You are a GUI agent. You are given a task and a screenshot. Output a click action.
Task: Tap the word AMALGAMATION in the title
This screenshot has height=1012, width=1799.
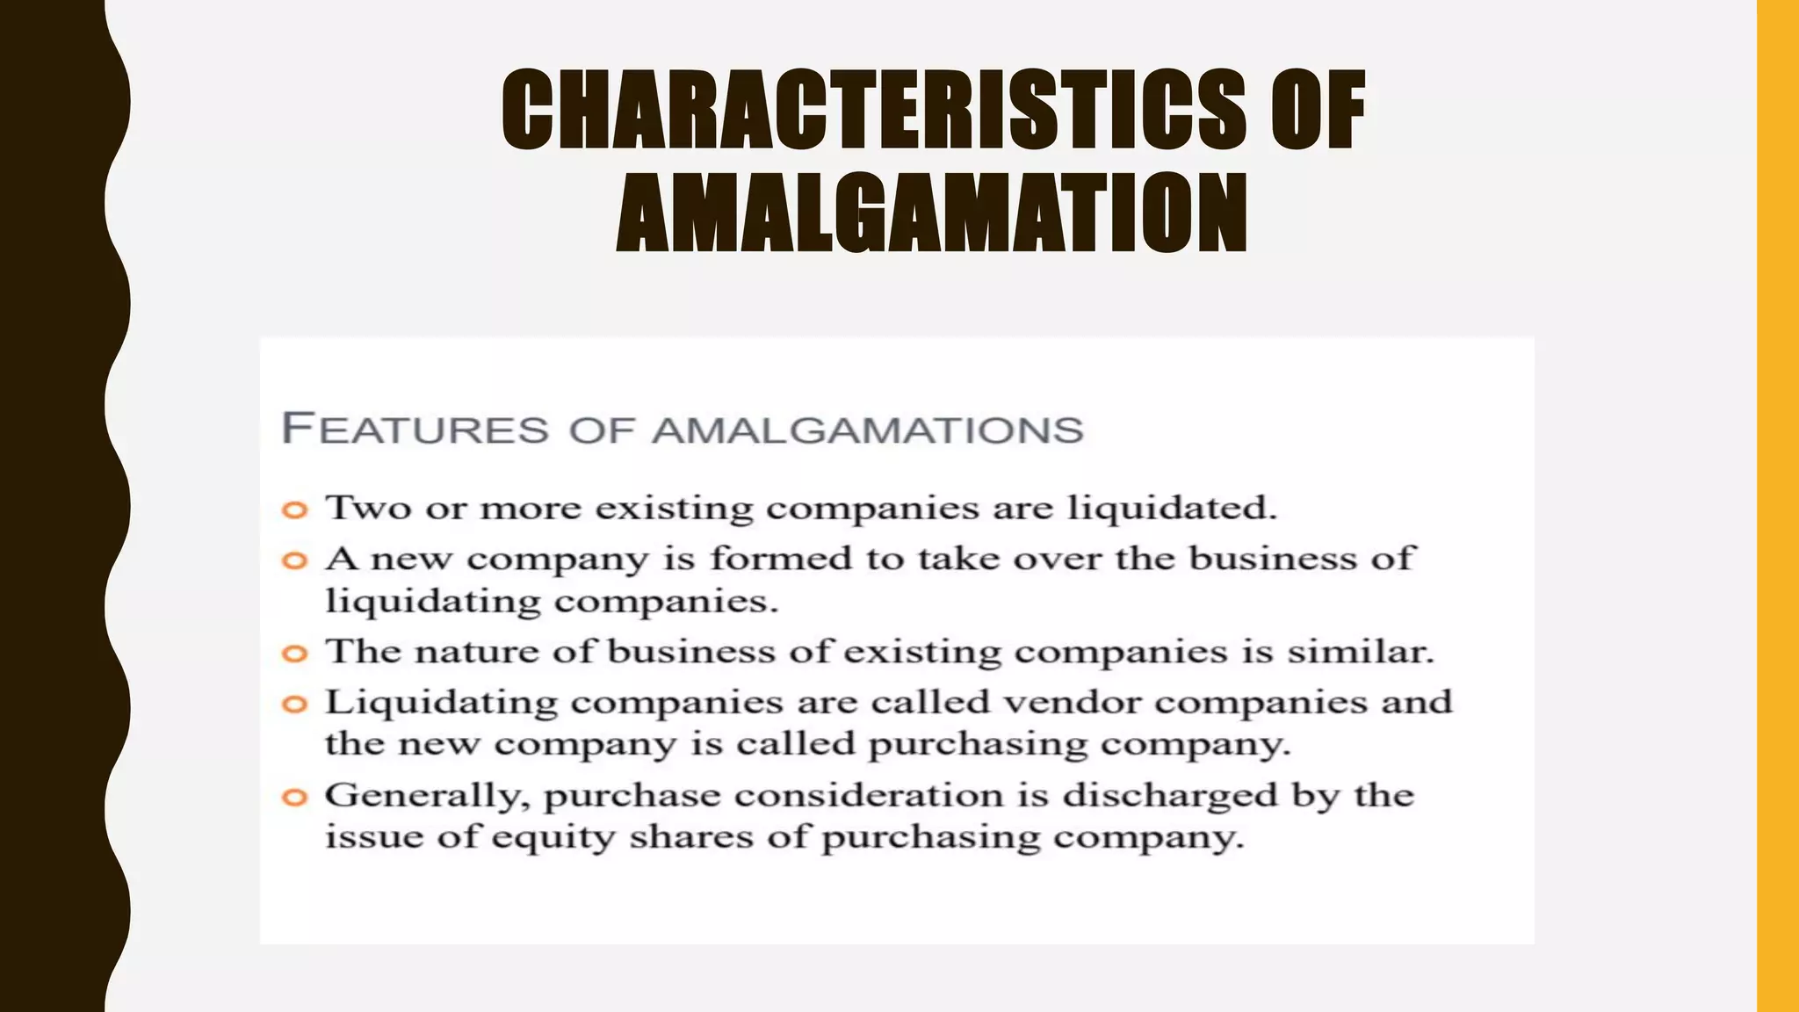[x=931, y=213]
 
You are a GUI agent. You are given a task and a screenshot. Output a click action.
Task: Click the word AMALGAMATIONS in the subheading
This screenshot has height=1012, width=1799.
[x=869, y=430]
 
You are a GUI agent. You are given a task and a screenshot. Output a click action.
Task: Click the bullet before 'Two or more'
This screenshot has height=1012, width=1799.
[x=295, y=510]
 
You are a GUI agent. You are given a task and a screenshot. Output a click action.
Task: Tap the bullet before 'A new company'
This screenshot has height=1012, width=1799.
[x=295, y=560]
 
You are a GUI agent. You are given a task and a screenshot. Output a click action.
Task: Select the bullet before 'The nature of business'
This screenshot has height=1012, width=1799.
[x=295, y=654]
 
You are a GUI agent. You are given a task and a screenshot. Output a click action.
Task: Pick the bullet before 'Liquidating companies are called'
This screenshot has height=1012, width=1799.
[x=295, y=704]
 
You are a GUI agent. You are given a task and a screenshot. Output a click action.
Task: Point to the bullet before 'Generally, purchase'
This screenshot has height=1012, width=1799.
[x=295, y=797]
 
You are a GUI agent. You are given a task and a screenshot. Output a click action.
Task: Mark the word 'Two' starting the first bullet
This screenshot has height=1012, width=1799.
[x=368, y=508]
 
